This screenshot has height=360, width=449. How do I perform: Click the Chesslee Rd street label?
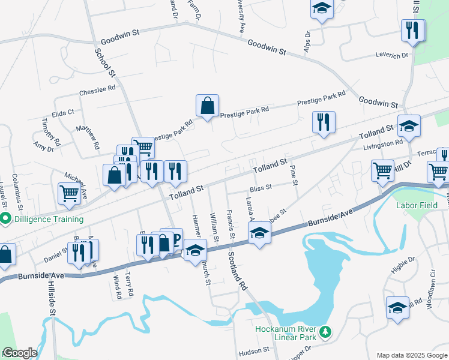tap(97, 89)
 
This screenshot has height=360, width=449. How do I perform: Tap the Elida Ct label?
tap(63, 112)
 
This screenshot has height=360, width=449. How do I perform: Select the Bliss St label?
tap(260, 187)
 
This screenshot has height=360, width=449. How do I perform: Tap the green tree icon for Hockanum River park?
tap(325, 331)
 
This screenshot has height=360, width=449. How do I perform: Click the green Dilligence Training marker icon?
tap(6, 219)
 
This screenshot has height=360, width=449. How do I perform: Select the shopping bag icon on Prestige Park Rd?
tap(207, 106)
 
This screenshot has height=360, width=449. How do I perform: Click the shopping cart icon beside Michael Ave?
tap(70, 194)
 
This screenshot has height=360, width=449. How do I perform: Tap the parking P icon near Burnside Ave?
tap(175, 238)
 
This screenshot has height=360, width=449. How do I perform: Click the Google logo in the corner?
tap(20, 353)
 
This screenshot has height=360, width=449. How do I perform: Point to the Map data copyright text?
tap(412, 355)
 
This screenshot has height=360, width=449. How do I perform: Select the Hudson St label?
tap(253, 350)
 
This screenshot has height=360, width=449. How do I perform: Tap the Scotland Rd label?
tap(237, 272)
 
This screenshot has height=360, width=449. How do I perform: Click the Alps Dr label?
tap(307, 42)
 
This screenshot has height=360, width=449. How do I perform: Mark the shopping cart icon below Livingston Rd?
tap(382, 170)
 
